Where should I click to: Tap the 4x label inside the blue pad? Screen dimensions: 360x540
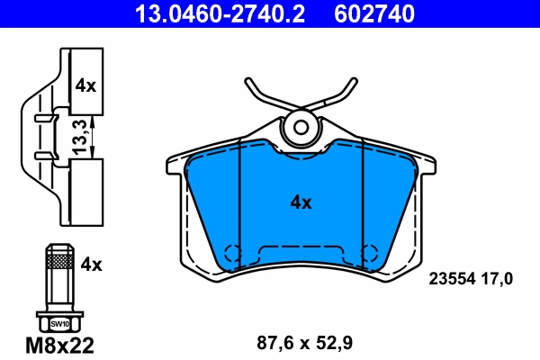301,203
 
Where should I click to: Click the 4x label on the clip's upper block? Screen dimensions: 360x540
85,86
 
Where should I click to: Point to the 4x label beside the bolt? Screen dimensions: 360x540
92,265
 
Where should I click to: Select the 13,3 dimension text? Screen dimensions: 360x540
80,138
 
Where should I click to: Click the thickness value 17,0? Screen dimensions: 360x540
498,279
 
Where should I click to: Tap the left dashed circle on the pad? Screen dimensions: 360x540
231,254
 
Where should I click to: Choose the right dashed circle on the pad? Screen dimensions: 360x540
368,254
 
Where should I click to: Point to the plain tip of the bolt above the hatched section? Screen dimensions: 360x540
59,249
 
